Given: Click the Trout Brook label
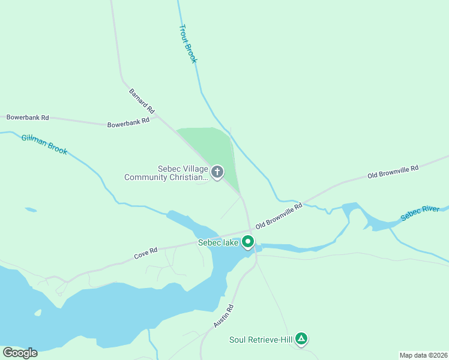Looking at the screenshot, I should coord(188,44).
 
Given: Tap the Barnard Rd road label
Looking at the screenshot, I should coord(142,101).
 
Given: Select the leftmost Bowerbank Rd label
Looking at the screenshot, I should coord(28,118).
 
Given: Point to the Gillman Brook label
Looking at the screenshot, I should coord(44,144).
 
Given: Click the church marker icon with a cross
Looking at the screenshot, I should coord(217,172).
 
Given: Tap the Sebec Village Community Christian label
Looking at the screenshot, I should coord(166,173).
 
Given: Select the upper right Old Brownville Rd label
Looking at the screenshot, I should coord(393,172).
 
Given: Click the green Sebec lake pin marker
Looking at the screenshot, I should coord(248,242).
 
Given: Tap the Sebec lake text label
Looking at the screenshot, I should coord(219,243).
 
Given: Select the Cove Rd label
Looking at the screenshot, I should coord(145,254).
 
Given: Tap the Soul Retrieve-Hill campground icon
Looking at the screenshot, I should coord(302,340).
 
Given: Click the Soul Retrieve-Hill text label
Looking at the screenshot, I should coord(261,340).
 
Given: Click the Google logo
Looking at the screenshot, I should coord(20,353).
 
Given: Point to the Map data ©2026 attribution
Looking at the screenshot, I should coord(423,355).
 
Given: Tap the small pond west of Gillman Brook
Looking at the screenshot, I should coord(31,210).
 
